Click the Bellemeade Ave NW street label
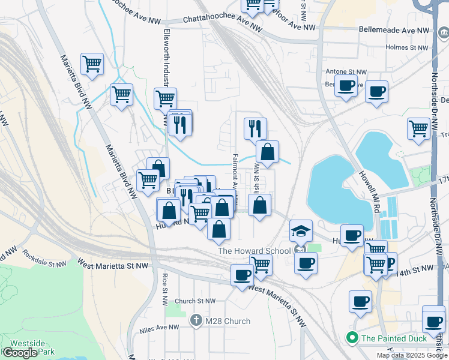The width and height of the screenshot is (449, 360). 394,29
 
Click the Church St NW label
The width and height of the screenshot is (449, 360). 194,301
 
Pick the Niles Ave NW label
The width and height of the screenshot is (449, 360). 157,328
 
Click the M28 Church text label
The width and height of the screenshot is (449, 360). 228,321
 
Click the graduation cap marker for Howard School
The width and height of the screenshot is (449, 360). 301,230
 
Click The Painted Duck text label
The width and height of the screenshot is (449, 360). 394,338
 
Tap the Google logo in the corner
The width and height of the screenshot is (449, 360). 20,352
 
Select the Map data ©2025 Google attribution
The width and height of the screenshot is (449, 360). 412,355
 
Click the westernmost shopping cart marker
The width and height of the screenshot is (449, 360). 92,63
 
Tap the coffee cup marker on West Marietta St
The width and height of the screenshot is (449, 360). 242,275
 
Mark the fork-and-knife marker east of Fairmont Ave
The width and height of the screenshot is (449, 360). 255,128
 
